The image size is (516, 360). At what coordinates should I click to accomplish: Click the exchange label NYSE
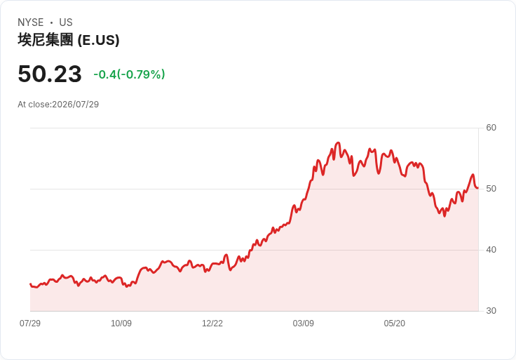[x=31, y=22]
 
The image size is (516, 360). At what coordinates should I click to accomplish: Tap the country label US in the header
[x=66, y=22]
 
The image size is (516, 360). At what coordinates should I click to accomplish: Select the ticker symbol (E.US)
[x=98, y=40]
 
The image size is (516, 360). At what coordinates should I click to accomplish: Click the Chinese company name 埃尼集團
[x=46, y=40]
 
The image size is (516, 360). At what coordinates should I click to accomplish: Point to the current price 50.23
[x=50, y=74]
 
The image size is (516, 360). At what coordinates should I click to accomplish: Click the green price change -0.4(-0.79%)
[x=129, y=74]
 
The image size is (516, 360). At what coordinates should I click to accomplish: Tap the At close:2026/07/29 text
[x=58, y=105]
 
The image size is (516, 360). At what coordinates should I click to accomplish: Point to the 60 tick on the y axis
[x=491, y=128]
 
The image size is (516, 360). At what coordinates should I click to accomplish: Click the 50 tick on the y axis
[x=491, y=189]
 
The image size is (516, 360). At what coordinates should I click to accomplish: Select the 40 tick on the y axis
[x=491, y=250]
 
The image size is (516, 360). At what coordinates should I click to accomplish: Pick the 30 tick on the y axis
[x=491, y=311]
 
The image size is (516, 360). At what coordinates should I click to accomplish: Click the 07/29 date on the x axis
[x=30, y=324]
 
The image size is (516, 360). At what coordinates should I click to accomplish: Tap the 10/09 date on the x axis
[x=121, y=324]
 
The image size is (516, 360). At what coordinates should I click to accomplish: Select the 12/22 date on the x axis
[x=212, y=324]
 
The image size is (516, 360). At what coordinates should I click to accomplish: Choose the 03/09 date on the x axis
[x=304, y=324]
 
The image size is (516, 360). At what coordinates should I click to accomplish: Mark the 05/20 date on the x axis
[x=394, y=324]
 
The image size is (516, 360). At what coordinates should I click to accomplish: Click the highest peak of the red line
[x=339, y=142]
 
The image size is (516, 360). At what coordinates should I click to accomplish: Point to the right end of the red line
[x=477, y=188]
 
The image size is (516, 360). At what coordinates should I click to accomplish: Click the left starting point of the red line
[x=30, y=284]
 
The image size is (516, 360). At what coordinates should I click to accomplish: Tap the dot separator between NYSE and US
[x=51, y=22]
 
